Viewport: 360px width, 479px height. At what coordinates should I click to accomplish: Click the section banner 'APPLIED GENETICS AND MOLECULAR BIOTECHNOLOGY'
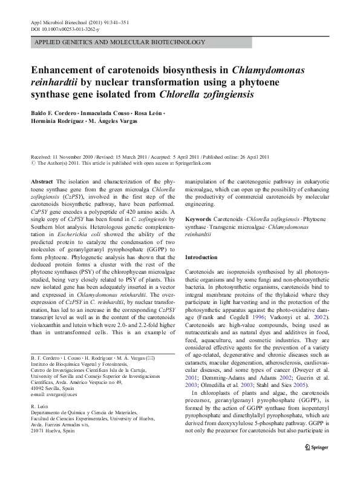[x=120, y=42]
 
